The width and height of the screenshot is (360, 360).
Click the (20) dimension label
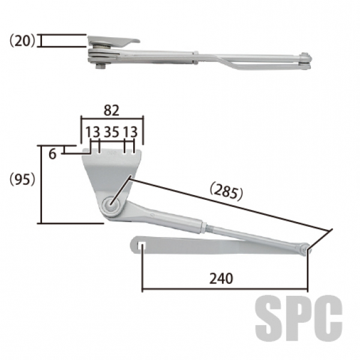click(x=22, y=41)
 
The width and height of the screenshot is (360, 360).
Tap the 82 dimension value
click(x=112, y=110)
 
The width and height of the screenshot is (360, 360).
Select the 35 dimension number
click(x=112, y=132)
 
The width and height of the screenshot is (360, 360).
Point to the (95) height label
click(x=22, y=179)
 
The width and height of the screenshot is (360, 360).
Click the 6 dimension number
click(x=52, y=154)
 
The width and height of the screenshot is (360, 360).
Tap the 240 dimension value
click(x=221, y=279)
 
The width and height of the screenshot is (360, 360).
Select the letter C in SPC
click(x=329, y=318)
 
